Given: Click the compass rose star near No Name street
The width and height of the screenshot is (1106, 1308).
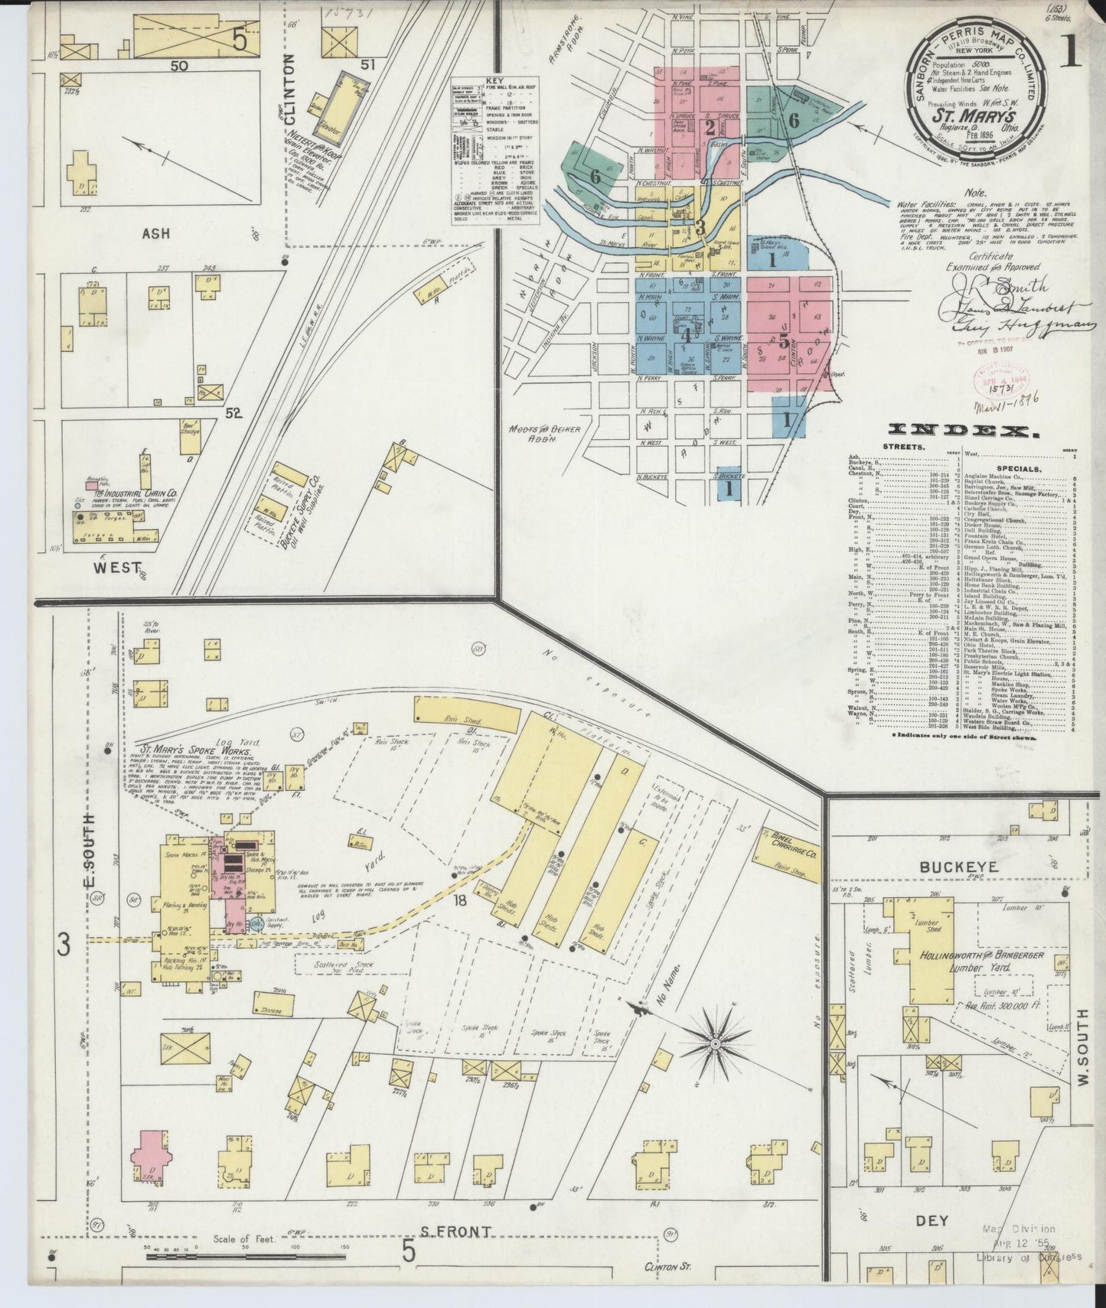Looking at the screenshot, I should [x=717, y=1043].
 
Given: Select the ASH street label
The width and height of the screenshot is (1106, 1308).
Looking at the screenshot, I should [x=155, y=233].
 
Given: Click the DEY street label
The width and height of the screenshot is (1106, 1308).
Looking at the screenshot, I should [x=931, y=1221].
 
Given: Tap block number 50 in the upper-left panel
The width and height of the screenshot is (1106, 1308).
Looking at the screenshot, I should [x=179, y=67].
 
